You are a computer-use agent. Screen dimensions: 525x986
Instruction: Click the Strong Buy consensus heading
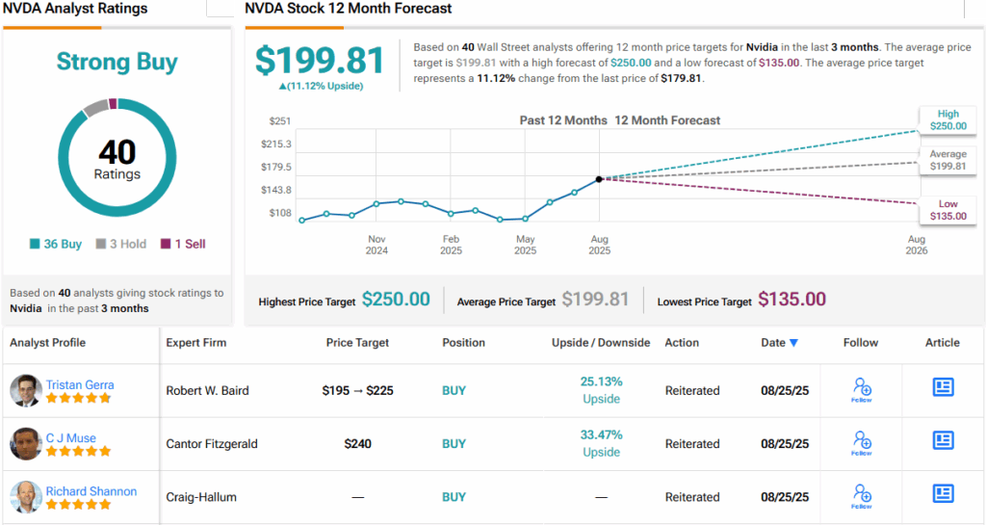pos(117,64)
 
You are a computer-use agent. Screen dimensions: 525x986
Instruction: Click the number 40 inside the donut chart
pos(117,153)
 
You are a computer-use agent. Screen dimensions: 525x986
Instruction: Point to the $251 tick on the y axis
pos(280,121)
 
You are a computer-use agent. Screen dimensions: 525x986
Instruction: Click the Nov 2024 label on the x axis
pos(376,245)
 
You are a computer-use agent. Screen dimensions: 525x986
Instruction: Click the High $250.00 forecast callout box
pos(942,119)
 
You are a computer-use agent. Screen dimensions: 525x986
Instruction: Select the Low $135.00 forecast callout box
pos(942,210)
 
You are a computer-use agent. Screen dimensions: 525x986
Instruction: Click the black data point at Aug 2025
pos(599,179)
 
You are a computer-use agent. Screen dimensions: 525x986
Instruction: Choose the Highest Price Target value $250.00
pos(396,300)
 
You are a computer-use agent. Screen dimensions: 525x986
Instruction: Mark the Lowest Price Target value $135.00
pos(791,300)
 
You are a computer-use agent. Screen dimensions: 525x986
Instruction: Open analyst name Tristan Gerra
pos(80,384)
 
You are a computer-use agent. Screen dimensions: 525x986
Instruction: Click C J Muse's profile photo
pos(25,444)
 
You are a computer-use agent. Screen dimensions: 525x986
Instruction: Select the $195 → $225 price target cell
pos(357,391)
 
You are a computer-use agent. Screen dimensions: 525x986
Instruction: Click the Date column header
pos(779,342)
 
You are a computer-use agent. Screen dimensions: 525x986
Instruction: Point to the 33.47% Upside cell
pos(601,444)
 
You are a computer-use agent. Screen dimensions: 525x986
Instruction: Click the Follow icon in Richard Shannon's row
pos(862,496)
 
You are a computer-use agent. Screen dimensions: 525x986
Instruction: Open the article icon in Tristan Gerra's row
pos(943,387)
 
